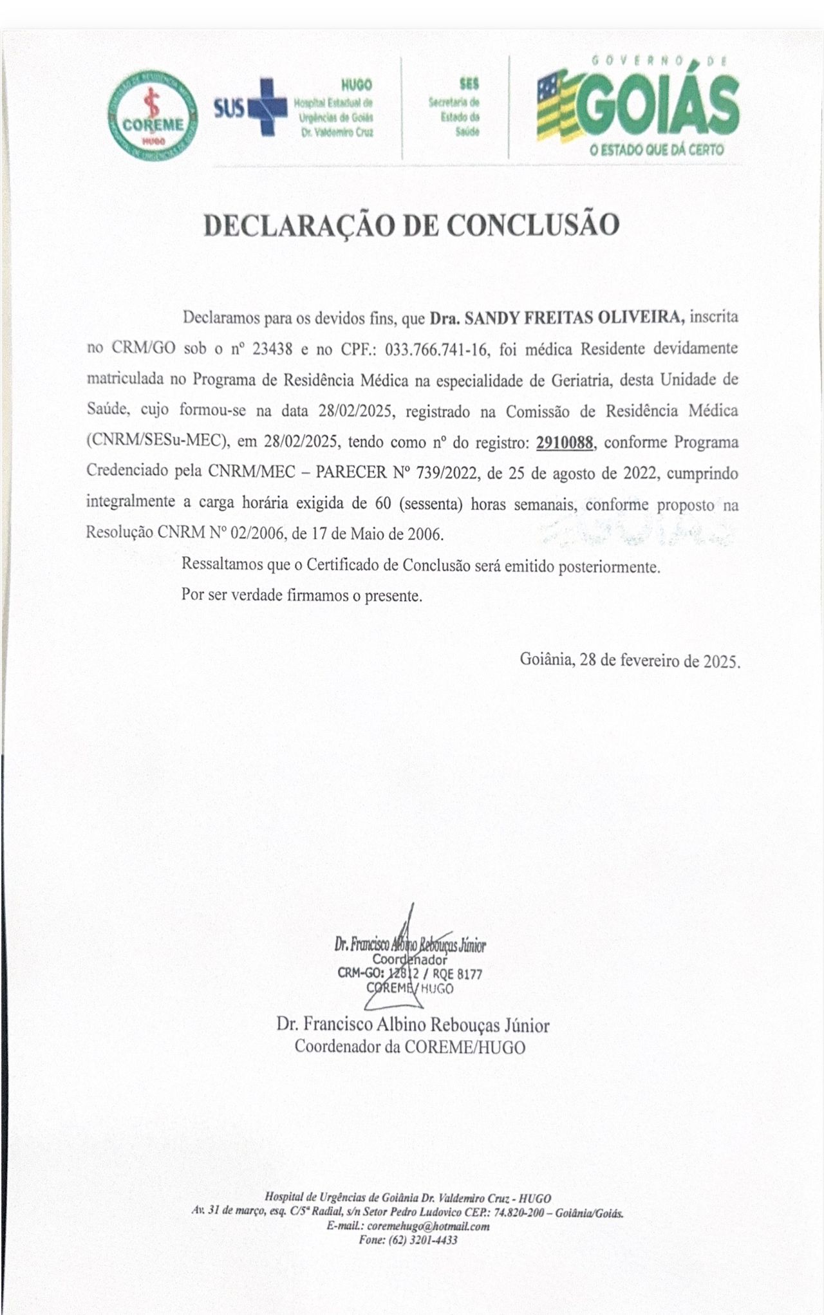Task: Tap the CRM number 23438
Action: pos(272,349)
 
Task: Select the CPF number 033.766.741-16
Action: pos(435,349)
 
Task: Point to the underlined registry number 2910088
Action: pos(564,442)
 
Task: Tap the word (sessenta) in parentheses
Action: pos(431,504)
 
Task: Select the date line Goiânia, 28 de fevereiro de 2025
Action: pos(630,660)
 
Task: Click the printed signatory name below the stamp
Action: pos(413,1024)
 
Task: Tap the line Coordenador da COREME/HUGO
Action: pos(410,1047)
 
